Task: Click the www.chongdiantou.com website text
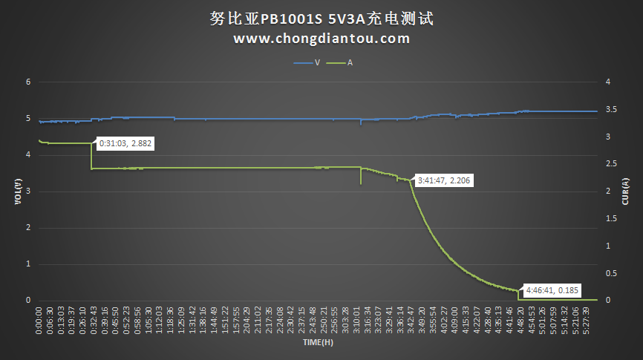[321, 39]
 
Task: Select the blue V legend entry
[307, 63]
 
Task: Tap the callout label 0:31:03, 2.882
[125, 144]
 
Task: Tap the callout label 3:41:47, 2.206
[444, 180]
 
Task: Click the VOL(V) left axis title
[16, 191]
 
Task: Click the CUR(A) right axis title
[626, 191]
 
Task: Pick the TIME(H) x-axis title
[317, 343]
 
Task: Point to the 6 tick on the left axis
[28, 82]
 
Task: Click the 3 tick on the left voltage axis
[28, 191]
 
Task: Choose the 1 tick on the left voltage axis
[28, 264]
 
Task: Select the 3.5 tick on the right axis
[610, 109]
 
